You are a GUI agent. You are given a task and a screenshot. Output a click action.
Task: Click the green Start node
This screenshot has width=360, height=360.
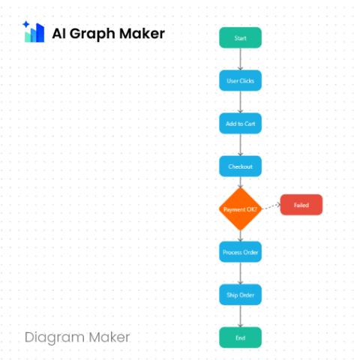coord(240,37)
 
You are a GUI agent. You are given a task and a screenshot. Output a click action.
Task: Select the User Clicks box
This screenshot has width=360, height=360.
coord(240,80)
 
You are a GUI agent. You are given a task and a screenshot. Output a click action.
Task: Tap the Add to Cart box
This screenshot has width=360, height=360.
coord(240,124)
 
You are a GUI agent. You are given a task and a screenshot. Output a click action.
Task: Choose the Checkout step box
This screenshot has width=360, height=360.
coord(240,166)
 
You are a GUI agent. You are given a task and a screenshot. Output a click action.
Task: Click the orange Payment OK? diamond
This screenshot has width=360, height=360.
coord(240,209)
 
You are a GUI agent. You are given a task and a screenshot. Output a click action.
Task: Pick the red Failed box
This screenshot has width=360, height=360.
coord(301,205)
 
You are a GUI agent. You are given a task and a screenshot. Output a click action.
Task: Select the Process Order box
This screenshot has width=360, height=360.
coord(240,252)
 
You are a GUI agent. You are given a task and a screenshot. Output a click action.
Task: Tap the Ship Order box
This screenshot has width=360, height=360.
coord(240,295)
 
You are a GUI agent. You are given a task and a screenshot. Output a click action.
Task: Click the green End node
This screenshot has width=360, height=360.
coord(240,337)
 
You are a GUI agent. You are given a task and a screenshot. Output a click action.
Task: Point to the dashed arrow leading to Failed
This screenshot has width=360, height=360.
coord(271,207)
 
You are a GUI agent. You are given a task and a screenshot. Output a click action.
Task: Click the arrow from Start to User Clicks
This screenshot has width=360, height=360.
coord(240,59)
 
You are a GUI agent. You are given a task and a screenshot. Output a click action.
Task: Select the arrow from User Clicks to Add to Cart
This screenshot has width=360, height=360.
coord(240,102)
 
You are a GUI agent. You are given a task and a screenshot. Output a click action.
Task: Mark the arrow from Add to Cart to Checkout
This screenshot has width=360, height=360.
coord(240,145)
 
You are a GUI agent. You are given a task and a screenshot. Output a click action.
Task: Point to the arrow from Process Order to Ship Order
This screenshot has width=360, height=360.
coord(240,273)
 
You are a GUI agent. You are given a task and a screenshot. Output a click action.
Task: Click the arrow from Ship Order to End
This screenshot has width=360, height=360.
coord(240,316)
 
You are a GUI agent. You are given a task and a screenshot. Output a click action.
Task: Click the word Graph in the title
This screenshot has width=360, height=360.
coord(92,34)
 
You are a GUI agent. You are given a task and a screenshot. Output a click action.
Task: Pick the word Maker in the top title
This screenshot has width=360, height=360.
coord(142,33)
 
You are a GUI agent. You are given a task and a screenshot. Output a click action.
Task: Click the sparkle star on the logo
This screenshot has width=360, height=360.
coord(26,25)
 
